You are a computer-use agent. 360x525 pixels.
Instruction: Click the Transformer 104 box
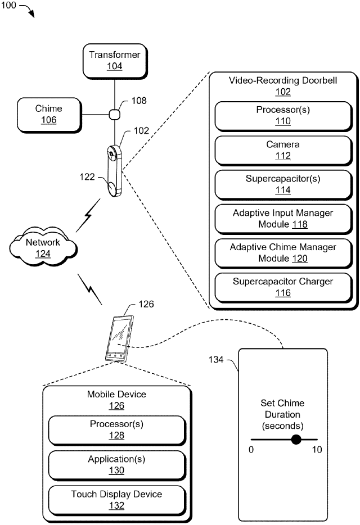pos(114,60)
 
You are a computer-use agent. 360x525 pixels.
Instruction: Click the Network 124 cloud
pos(43,247)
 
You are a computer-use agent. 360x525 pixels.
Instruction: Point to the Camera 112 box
pos(283,150)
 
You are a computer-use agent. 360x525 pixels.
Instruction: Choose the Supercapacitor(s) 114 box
pos(283,184)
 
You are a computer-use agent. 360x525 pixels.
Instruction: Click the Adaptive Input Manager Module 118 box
pos(283,219)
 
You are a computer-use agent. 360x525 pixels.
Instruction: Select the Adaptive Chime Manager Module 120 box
pos(283,252)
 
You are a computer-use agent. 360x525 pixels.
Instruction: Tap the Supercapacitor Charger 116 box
pos(283,287)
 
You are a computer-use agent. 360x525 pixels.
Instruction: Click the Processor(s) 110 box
pos(283,116)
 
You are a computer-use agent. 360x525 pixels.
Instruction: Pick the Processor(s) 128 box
pos(116,430)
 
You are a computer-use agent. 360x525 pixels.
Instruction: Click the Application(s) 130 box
pos(116,465)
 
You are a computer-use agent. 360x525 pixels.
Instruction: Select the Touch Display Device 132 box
pos(116,500)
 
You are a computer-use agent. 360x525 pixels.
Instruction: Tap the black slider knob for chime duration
pos(296,439)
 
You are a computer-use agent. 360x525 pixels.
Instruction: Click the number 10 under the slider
pos(317,450)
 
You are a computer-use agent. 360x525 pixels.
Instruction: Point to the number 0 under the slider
pos(251,450)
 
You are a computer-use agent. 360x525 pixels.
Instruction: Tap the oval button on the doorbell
pos(112,187)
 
